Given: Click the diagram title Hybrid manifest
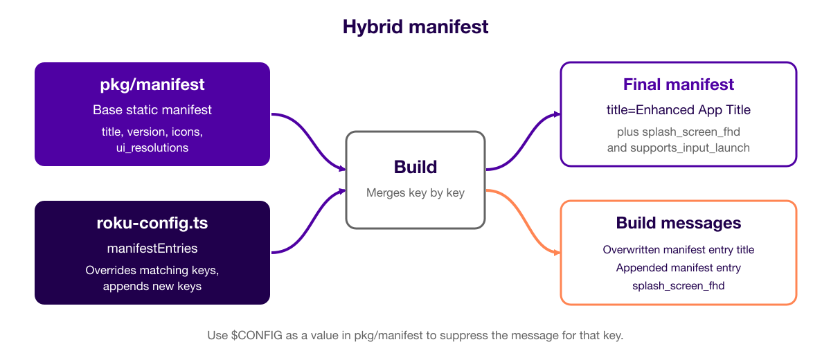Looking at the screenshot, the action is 415,27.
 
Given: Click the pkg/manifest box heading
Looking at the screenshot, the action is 152,85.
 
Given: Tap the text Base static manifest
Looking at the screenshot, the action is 152,110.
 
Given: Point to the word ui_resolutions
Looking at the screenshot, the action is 152,148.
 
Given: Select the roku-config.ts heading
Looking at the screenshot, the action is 152,223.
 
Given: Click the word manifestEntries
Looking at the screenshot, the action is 152,248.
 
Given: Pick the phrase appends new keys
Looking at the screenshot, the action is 152,286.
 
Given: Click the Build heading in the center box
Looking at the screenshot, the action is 415,167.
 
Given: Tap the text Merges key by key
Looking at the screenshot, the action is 415,192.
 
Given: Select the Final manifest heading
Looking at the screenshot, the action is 678,84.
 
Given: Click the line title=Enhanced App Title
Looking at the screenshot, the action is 678,110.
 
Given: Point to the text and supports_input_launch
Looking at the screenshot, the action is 678,148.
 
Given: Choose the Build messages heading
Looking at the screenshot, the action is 678,223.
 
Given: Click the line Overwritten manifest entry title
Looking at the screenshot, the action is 678,249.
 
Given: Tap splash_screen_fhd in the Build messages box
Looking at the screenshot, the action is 678,286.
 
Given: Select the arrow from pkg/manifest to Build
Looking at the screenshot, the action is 308,141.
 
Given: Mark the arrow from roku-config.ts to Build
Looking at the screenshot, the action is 308,222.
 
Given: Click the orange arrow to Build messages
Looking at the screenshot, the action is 523,222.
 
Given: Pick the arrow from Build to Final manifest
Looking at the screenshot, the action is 523,142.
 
